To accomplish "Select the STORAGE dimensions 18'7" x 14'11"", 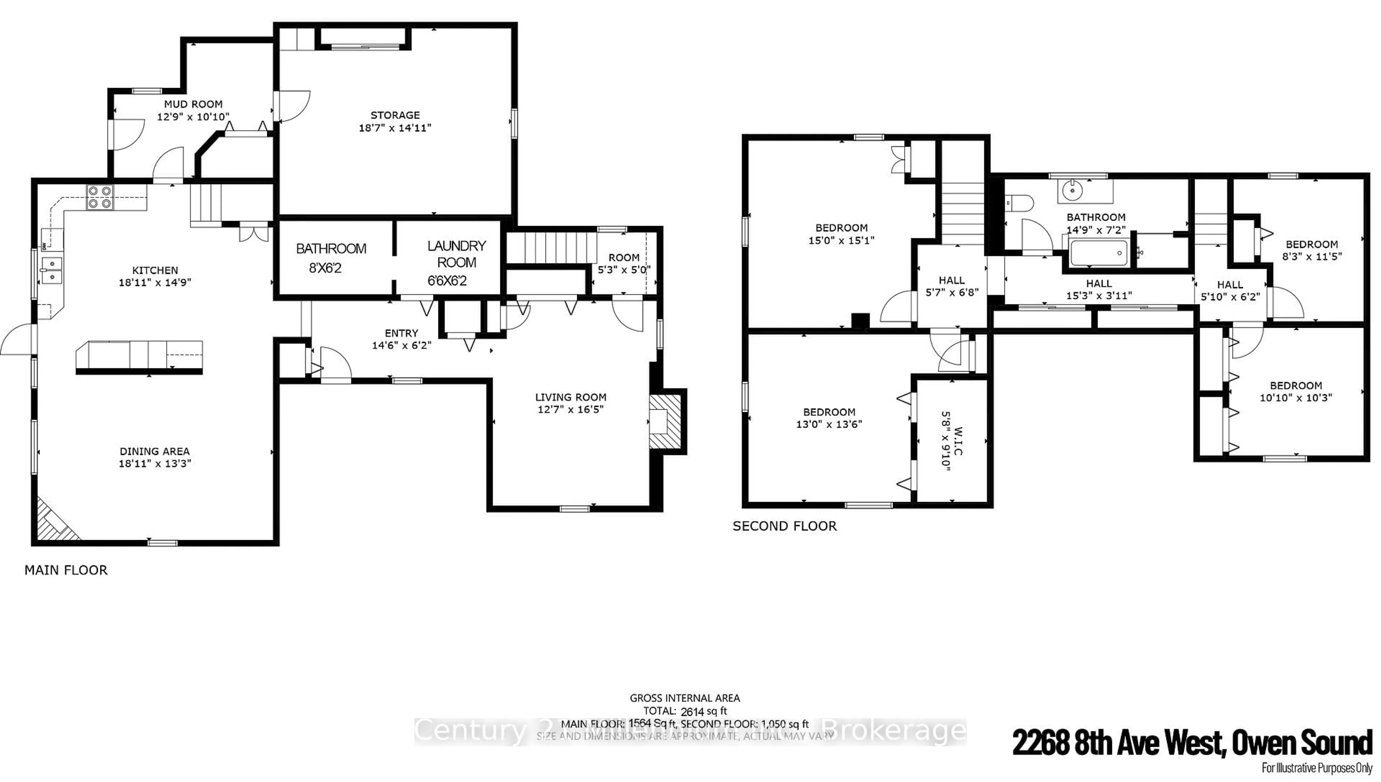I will [395, 128].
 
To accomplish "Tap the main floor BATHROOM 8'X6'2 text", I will [331, 258].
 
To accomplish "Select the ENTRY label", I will [401, 333].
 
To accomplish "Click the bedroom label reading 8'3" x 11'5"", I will [1312, 257].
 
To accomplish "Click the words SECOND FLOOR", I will [784, 526].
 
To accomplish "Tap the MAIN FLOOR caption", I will [66, 570].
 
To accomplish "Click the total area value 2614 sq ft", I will [703, 712].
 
